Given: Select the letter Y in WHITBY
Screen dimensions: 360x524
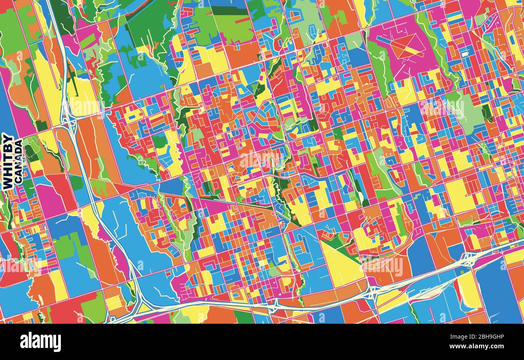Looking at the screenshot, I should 7,138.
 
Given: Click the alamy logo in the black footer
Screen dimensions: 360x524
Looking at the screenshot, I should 40,342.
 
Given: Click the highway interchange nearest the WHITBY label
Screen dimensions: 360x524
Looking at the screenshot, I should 69,121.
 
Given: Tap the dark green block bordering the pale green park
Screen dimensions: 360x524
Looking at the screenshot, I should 487,113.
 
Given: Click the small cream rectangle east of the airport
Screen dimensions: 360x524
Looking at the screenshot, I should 465,53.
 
